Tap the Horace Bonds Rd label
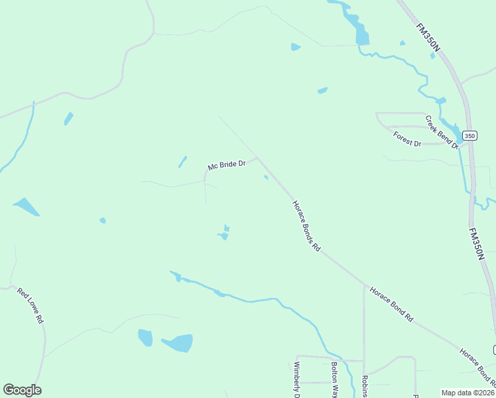pyautogui.click(x=306, y=226)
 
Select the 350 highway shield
pyautogui.click(x=469, y=135)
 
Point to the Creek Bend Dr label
pyautogui.click(x=442, y=131)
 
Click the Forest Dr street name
pyautogui.click(x=407, y=139)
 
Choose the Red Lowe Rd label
pyautogui.click(x=31, y=305)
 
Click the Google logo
pyautogui.click(x=22, y=390)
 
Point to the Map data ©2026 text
pyautogui.click(x=467, y=393)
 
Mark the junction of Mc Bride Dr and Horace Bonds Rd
pyautogui.click(x=257, y=158)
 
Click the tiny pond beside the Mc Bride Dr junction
pyautogui.click(x=266, y=177)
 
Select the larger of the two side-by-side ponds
pyautogui.click(x=178, y=343)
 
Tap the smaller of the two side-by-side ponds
pyautogui.click(x=145, y=338)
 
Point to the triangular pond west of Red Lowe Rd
pyautogui.click(x=26, y=207)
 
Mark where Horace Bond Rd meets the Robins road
pyautogui.click(x=364, y=286)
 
